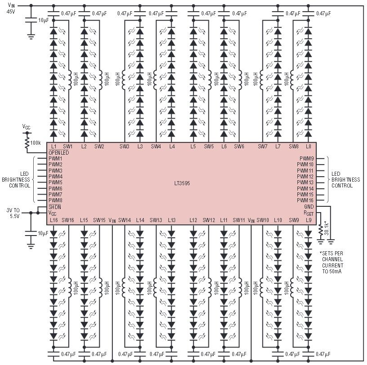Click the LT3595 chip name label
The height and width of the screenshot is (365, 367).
coord(182,183)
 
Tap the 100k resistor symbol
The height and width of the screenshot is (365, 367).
coord(27,143)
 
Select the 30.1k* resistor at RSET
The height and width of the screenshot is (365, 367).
coord(320,230)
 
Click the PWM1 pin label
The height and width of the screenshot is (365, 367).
coord(55,158)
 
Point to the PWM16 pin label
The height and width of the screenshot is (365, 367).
coord(305,200)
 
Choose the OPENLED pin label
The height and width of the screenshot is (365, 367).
coord(59,152)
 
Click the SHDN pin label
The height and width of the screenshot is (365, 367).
coord(55,207)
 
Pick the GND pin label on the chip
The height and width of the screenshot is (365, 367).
coord(309,207)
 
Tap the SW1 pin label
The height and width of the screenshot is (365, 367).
coord(68,147)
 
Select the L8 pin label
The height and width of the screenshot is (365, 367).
coord(309,147)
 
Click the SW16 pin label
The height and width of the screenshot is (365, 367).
coord(68,220)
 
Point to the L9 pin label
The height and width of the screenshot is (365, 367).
coord(309,220)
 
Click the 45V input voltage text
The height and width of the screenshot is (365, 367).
coord(10,11)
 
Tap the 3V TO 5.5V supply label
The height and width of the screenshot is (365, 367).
coord(13,213)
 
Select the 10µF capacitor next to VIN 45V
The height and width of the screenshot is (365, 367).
coord(31,20)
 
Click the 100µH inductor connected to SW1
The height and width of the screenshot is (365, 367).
coord(69,80)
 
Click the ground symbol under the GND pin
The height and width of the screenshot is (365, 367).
coord(331,241)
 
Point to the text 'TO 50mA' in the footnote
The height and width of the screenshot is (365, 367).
coord(332,272)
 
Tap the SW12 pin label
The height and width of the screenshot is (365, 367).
coord(209,220)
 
